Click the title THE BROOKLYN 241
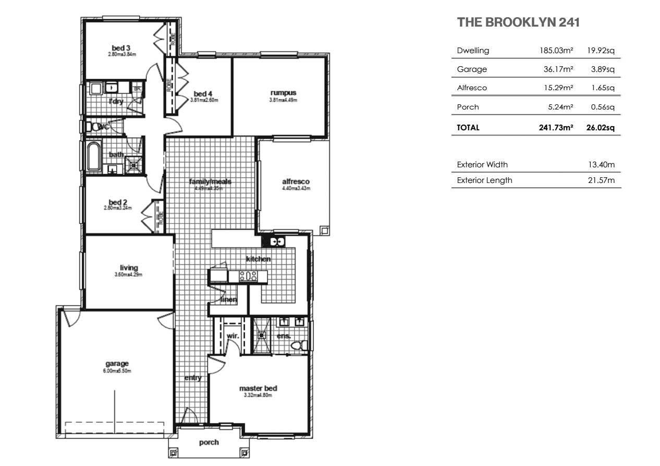pos(518,22)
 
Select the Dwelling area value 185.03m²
pos(556,51)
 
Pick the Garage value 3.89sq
pos(603,69)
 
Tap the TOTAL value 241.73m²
pos(556,127)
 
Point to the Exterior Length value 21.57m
pos(602,180)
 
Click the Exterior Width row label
pos(482,165)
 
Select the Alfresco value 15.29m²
pos(558,88)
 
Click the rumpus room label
pos(283,93)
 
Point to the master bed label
pos(258,388)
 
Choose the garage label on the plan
pos(117,364)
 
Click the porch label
pos(209,443)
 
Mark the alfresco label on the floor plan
pos(296,181)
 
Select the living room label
pos(129,268)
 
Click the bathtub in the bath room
pos(94,156)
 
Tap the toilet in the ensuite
pos(298,346)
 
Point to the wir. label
pos(233,336)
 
